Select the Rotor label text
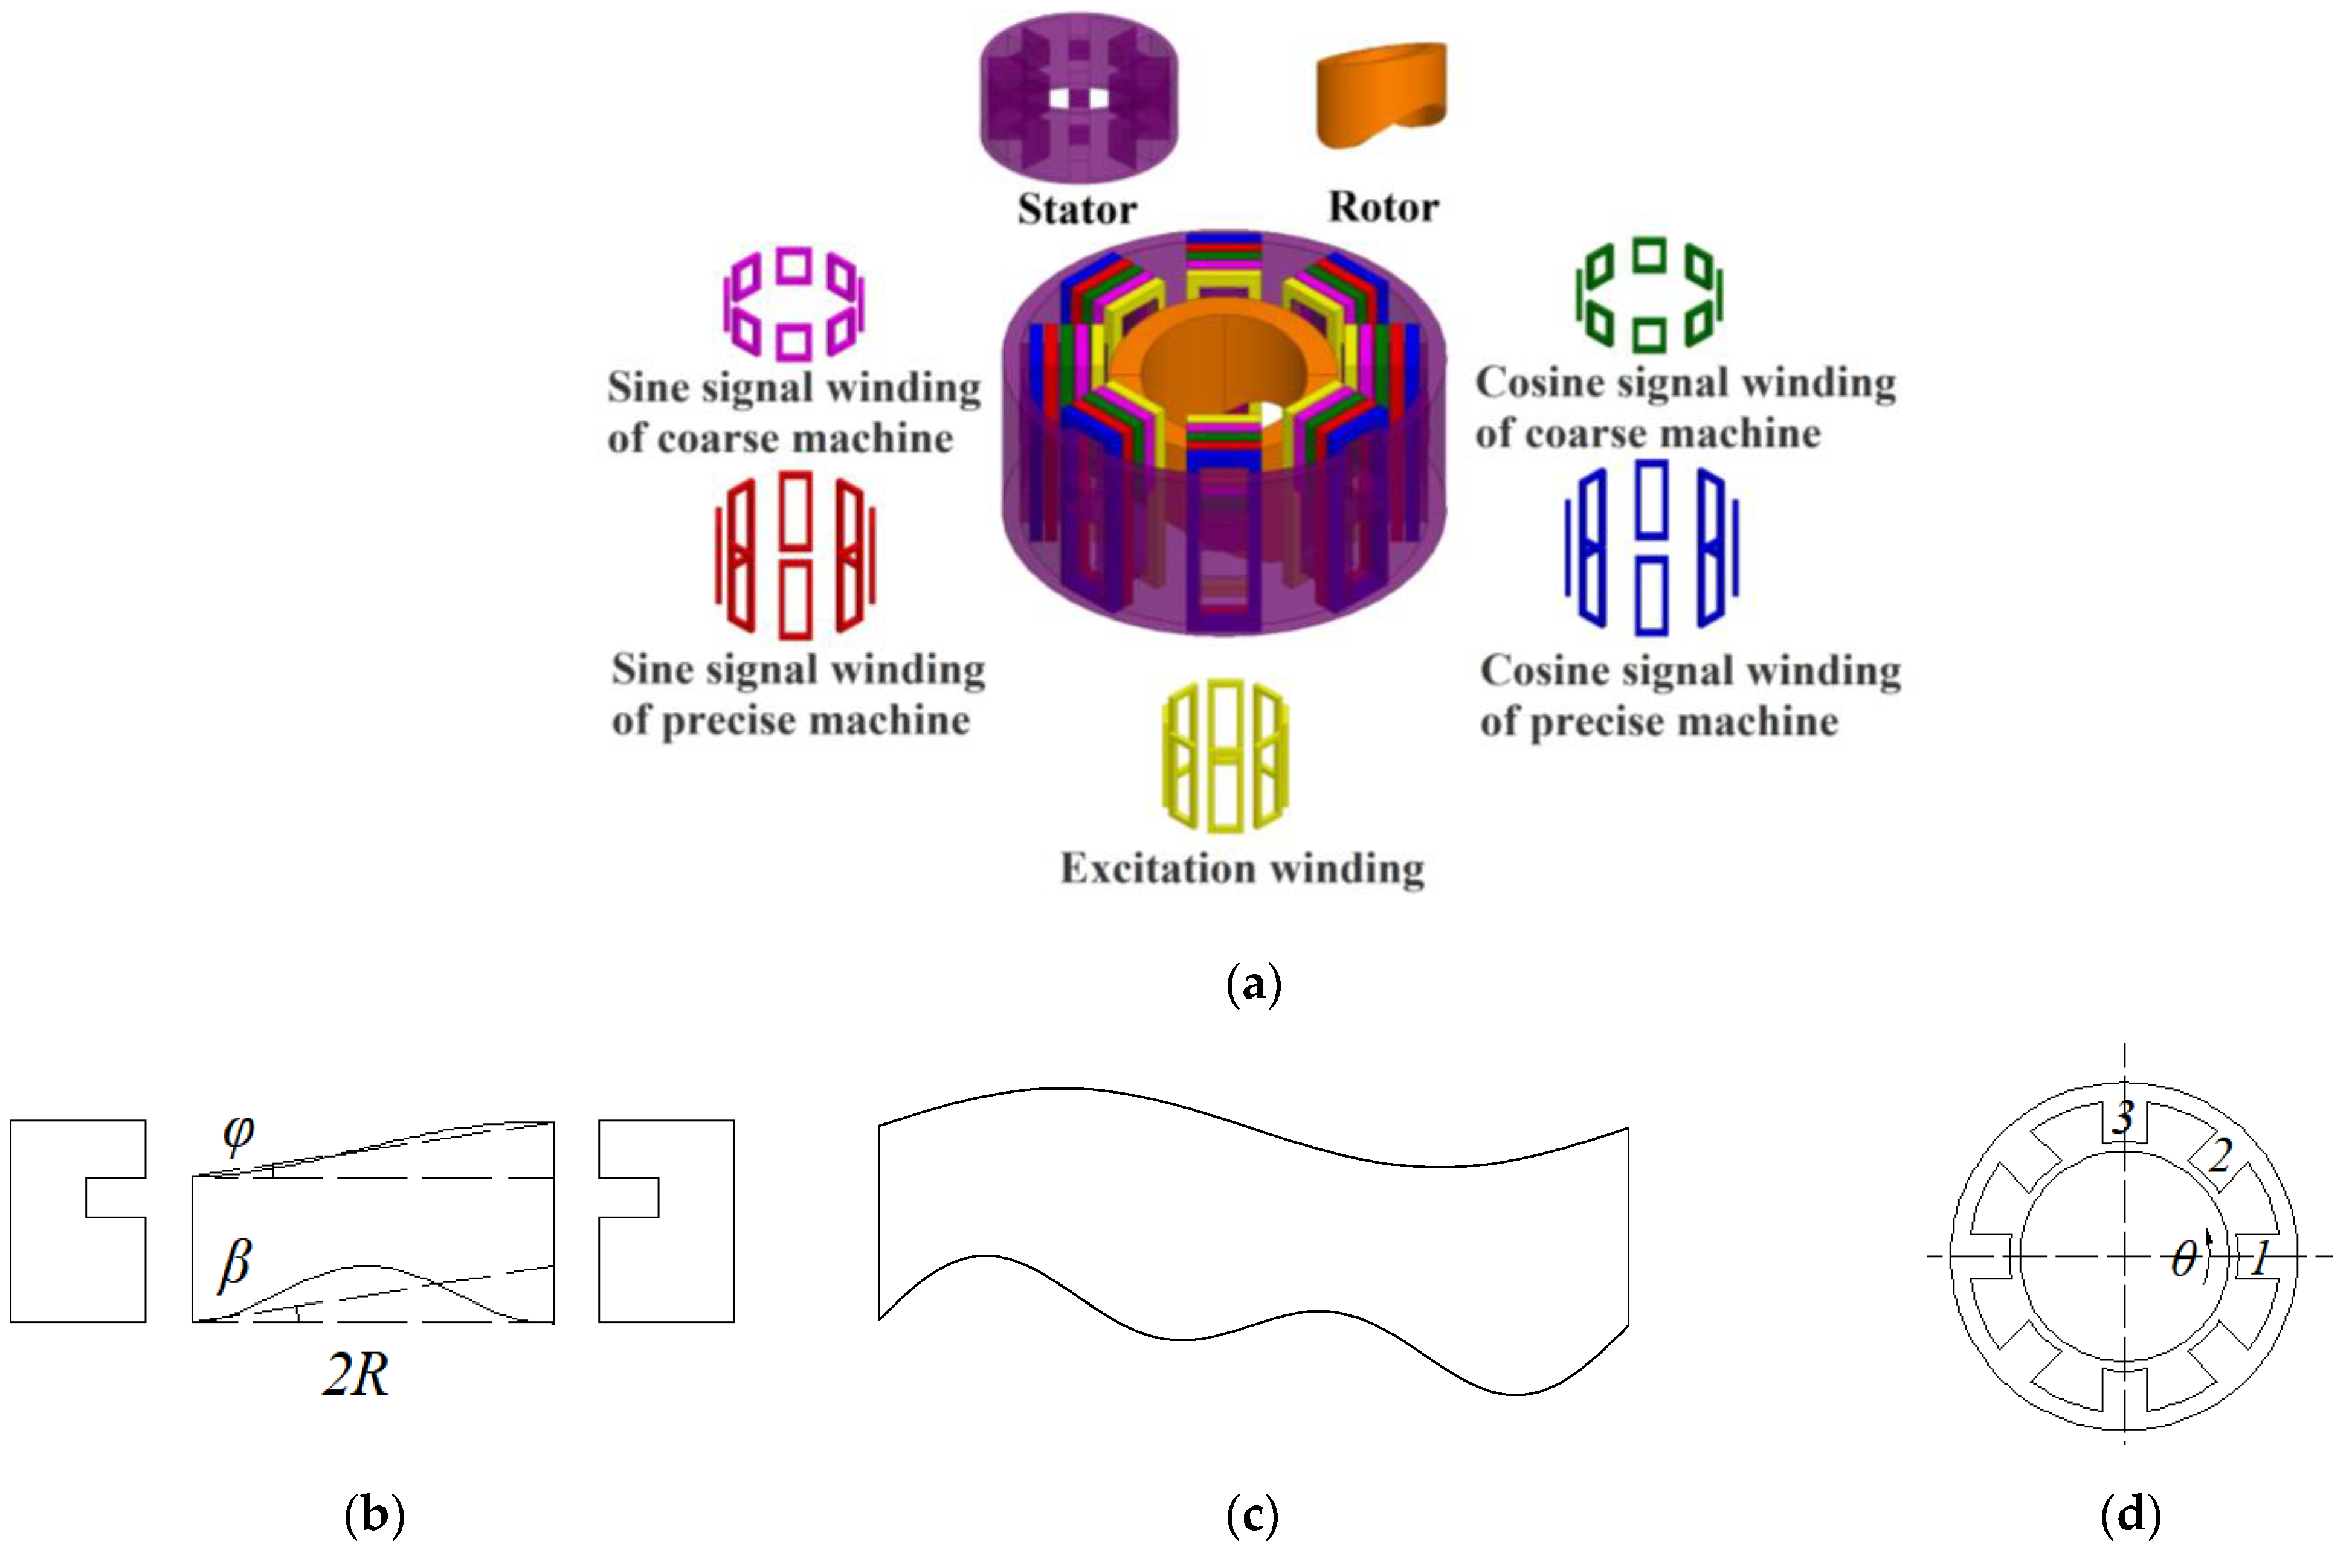coord(1383,207)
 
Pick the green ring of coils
coord(1649,295)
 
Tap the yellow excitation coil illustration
coord(1225,755)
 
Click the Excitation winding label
coord(1242,869)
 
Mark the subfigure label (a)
coord(1253,984)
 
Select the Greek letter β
coord(235,1265)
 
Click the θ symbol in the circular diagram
coord(2183,1260)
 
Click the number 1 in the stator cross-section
coord(2260,1260)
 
